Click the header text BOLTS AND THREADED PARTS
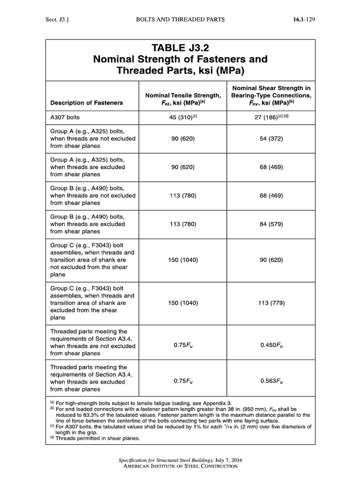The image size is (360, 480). (180, 19)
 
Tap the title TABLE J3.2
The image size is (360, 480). (180, 48)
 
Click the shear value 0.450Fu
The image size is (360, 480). (271, 346)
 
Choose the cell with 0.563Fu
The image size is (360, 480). (271, 382)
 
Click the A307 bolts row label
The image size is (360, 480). (66, 119)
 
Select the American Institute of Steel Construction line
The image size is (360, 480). (180, 467)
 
